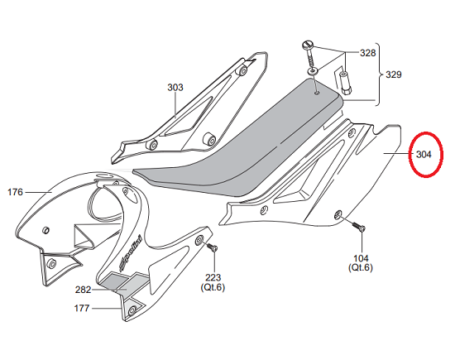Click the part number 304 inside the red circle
(x=424, y=155)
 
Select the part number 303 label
(x=175, y=88)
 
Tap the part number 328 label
(x=367, y=53)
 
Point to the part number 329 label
(x=394, y=74)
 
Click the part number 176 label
(x=15, y=192)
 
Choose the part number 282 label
(x=83, y=290)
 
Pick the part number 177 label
(x=82, y=308)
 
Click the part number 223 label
(x=213, y=278)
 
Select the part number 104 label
(x=361, y=258)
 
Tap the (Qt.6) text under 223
(x=213, y=287)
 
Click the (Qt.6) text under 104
(x=361, y=267)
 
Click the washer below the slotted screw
(x=313, y=71)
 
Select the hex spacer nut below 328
(x=344, y=84)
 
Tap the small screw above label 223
(x=212, y=247)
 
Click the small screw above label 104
(x=358, y=227)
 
